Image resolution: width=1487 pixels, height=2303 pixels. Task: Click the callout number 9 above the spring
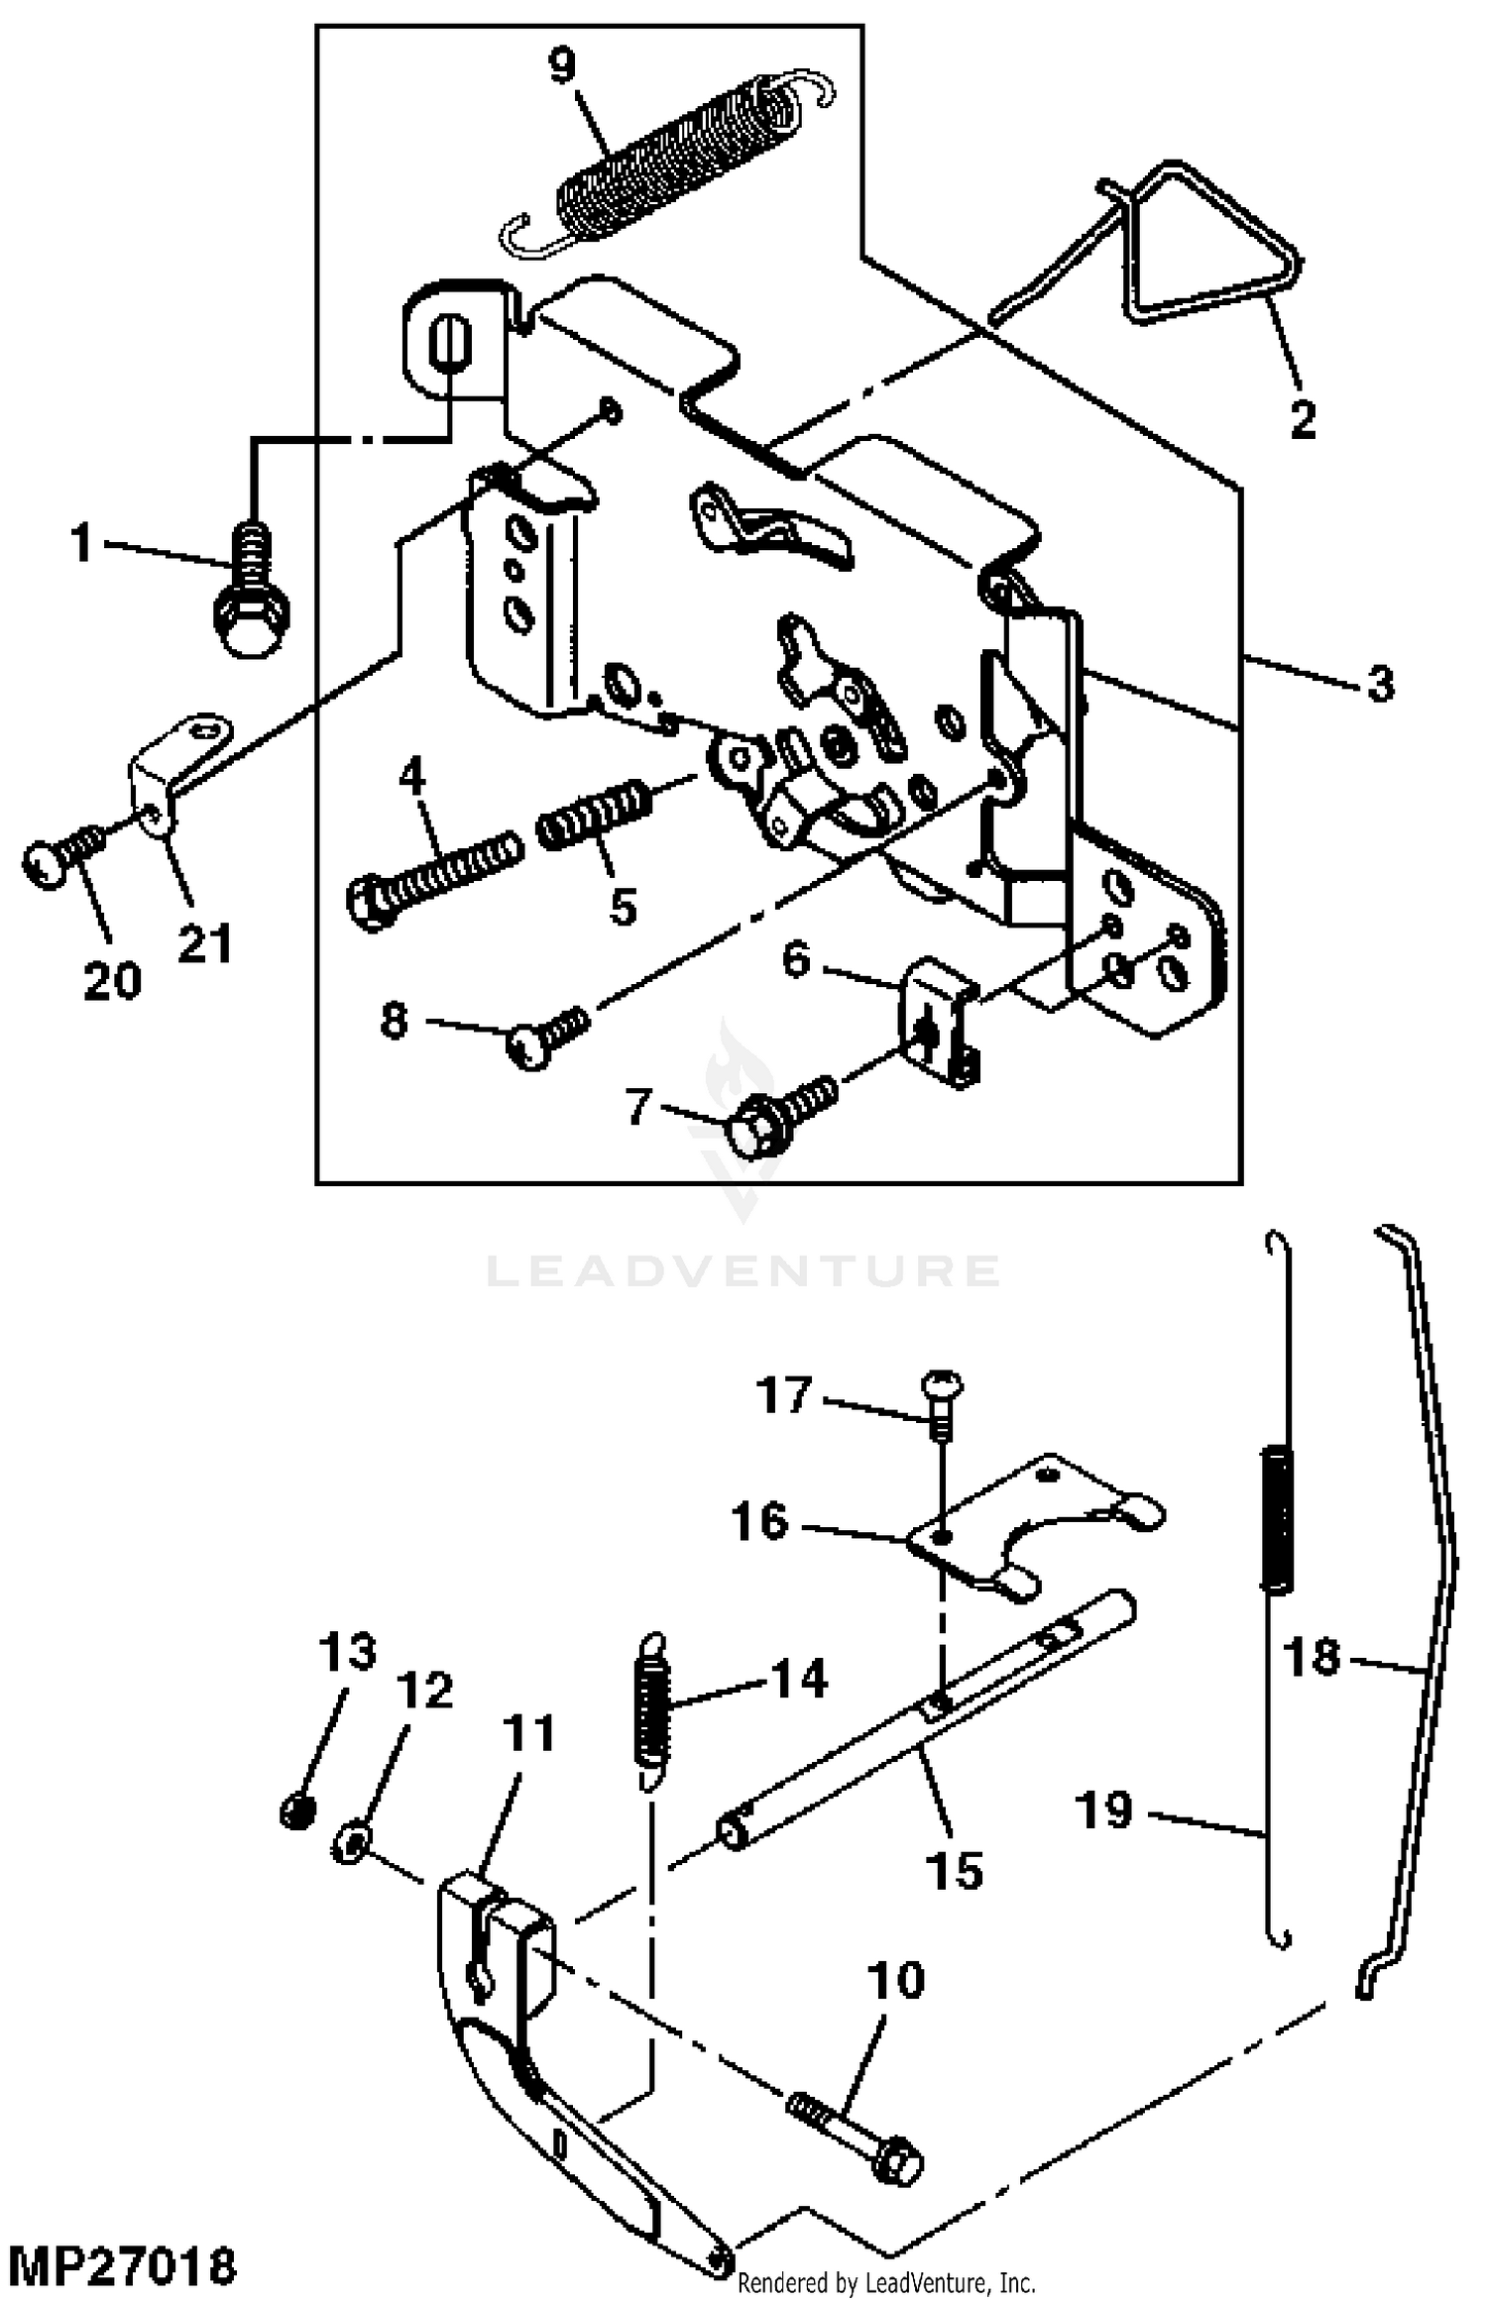[x=561, y=65]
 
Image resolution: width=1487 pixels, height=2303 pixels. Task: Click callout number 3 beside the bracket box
[x=1380, y=684]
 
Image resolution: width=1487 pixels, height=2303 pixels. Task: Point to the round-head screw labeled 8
[x=548, y=1037]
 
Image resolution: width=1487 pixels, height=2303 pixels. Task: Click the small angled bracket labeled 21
[x=178, y=764]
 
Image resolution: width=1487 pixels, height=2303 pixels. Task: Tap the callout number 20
[x=112, y=981]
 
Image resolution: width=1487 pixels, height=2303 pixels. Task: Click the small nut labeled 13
[x=297, y=1813]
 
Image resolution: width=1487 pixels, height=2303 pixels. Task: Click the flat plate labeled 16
[x=1031, y=1527]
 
